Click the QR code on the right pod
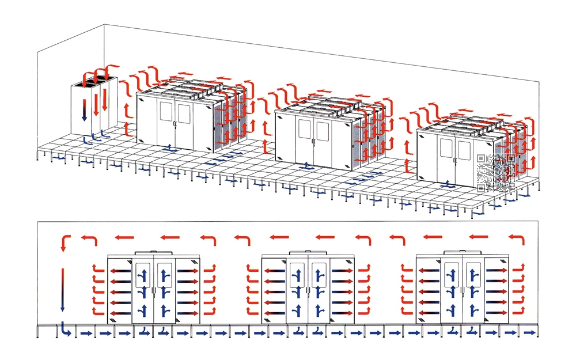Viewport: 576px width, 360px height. [496, 172]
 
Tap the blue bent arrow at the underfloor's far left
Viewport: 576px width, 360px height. [65, 330]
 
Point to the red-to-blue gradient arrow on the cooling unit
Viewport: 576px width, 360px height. [84, 109]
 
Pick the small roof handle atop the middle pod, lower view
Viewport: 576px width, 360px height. [308, 252]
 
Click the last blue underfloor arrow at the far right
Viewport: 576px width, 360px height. [528, 333]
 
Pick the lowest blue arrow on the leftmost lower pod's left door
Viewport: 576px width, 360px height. [143, 310]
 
